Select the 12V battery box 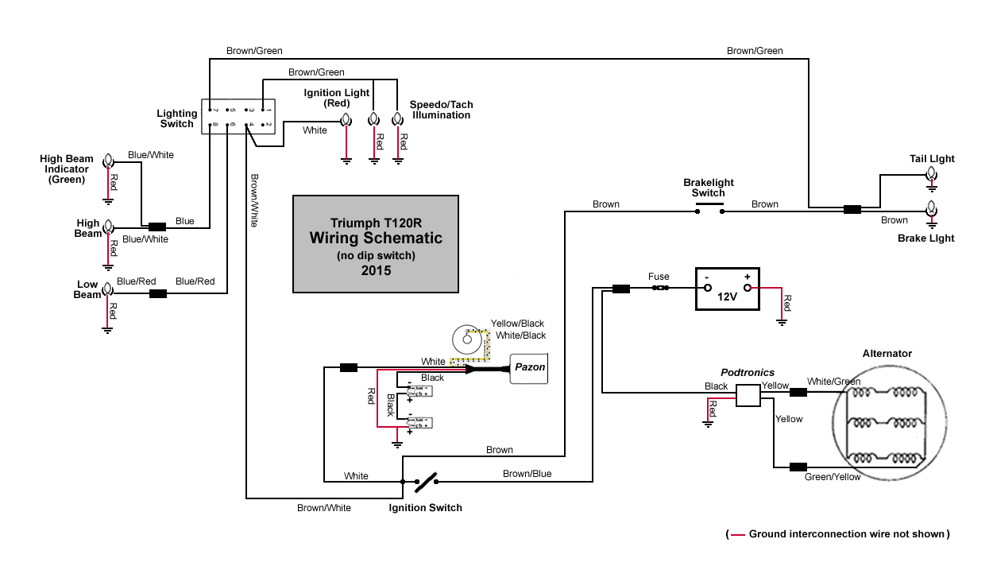(x=728, y=288)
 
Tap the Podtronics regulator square (x=748, y=395)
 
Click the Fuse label (x=659, y=277)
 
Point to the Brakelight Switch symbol (x=708, y=210)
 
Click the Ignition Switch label (x=425, y=507)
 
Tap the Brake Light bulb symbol (x=931, y=211)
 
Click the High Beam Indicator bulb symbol (x=108, y=163)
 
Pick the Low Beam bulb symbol (x=108, y=293)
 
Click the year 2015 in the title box (x=375, y=270)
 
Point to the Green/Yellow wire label (x=832, y=477)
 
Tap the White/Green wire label (x=833, y=382)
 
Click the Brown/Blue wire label (x=527, y=474)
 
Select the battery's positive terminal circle (x=747, y=288)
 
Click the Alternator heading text (x=887, y=353)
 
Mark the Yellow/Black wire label (x=517, y=324)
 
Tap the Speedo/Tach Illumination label (x=441, y=110)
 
